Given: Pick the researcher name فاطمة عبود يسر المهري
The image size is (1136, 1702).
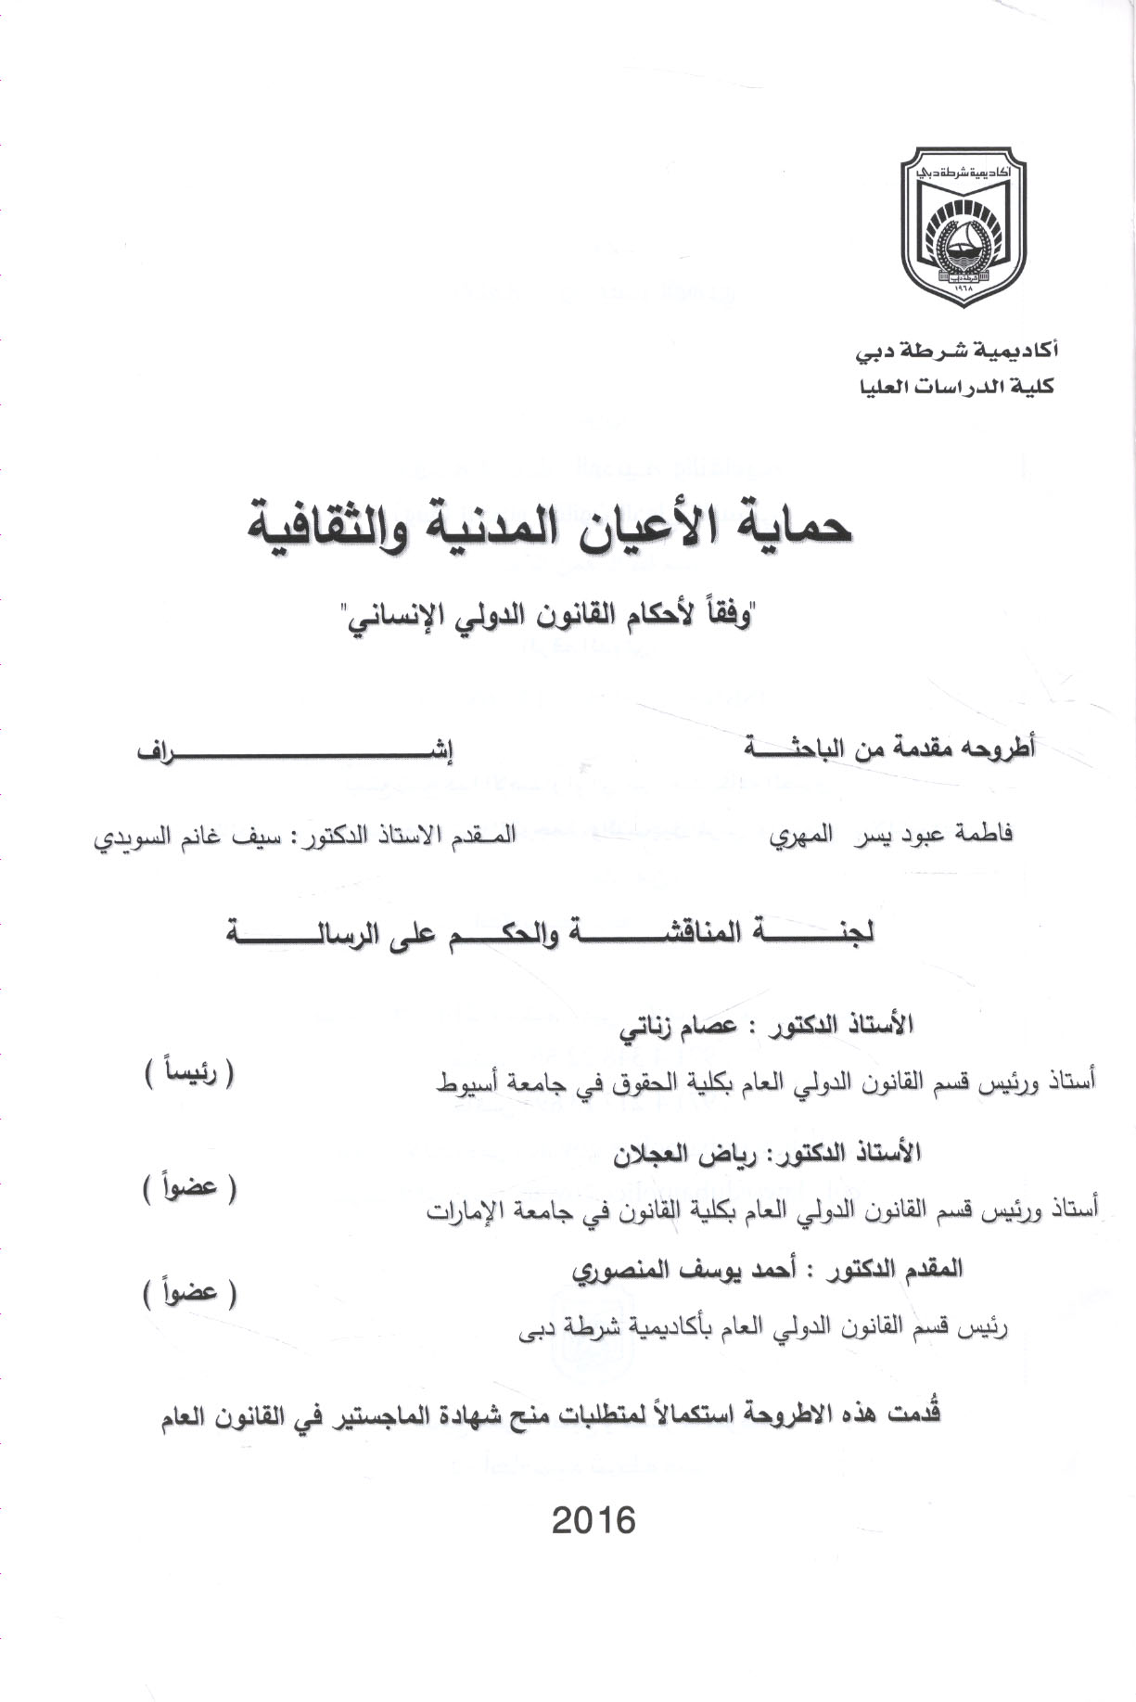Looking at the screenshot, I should (x=891, y=834).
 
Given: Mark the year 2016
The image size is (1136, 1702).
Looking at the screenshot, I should (x=594, y=1521).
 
